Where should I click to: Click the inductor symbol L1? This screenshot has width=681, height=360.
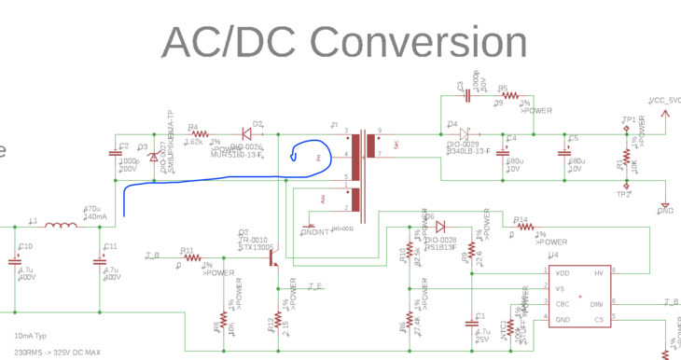(x=62, y=225)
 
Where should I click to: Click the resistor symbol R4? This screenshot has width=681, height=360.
(x=197, y=136)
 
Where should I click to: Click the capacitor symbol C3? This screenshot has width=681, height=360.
(x=467, y=94)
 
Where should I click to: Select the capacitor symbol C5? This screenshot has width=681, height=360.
(x=563, y=155)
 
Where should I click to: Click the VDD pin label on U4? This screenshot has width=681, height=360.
(x=562, y=272)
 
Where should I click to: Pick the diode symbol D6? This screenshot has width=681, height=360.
(x=440, y=226)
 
